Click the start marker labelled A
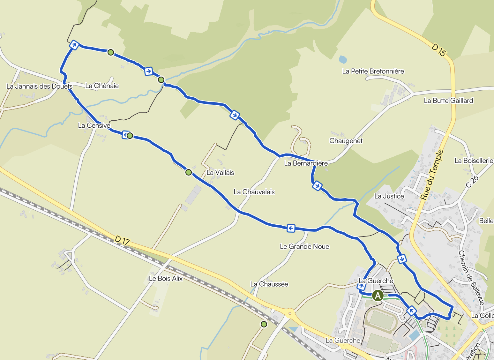tap(378, 296)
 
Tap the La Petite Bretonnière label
tap(373, 71)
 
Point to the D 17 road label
tap(122, 240)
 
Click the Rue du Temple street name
tap(432, 175)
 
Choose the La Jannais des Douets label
tap(40, 86)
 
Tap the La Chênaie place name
tap(102, 86)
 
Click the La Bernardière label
tap(306, 163)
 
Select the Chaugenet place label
tap(346, 141)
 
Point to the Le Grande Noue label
tap(304, 246)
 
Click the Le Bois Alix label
tap(166, 278)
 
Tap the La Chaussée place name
tap(269, 284)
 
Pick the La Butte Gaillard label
tap(448, 101)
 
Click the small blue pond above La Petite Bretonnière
tap(343, 59)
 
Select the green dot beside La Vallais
tap(189, 172)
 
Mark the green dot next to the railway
tap(264, 324)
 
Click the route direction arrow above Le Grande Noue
tap(291, 228)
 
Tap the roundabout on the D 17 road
tap(289, 313)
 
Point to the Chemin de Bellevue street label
tap(471, 277)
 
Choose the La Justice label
tap(389, 196)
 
